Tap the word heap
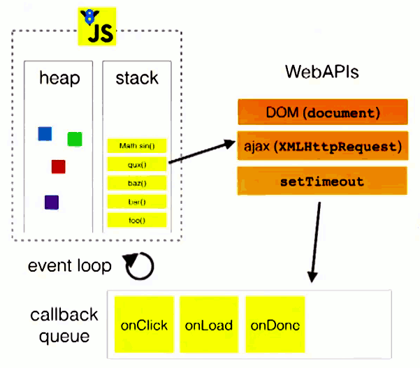click(x=59, y=78)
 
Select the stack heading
click(x=137, y=78)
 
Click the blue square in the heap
click(x=45, y=133)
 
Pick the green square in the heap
click(x=75, y=139)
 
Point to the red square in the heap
click(x=58, y=166)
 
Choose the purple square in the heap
click(x=52, y=202)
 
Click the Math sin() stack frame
click(x=137, y=146)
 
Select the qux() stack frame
click(x=137, y=165)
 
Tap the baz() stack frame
click(x=137, y=183)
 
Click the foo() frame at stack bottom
click(x=137, y=221)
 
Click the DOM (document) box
click(x=322, y=112)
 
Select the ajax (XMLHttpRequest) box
click(x=322, y=146)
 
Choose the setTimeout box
click(x=322, y=182)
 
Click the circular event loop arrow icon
click(x=138, y=265)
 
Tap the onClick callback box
click(x=143, y=325)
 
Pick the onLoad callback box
click(x=209, y=325)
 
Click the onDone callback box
click(x=275, y=325)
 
